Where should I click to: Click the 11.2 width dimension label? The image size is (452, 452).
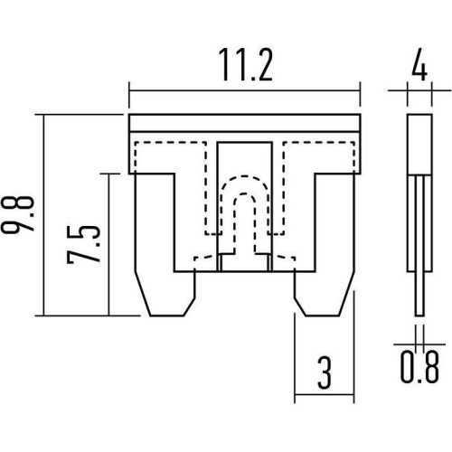click(x=245, y=65)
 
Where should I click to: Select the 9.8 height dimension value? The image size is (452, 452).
click(x=17, y=214)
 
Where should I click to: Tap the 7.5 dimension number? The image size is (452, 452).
click(x=83, y=244)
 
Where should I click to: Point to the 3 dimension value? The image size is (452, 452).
click(x=325, y=372)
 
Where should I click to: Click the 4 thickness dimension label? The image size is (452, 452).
click(x=419, y=67)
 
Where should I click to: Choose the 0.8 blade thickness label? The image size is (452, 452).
click(x=419, y=368)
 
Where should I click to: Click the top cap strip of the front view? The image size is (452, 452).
click(x=244, y=123)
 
